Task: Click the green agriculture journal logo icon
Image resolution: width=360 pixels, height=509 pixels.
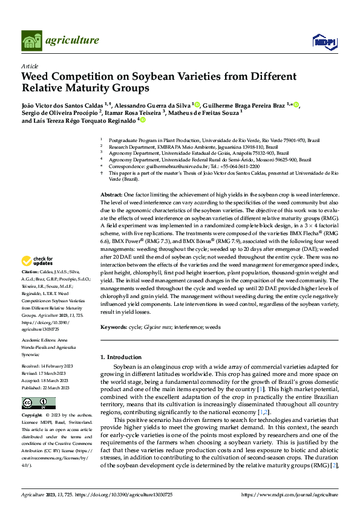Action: pyautogui.click(x=31, y=41)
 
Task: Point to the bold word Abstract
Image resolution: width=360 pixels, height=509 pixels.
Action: pyautogui.click(x=110, y=195)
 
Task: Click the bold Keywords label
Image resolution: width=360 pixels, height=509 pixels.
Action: pyautogui.click(x=113, y=327)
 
